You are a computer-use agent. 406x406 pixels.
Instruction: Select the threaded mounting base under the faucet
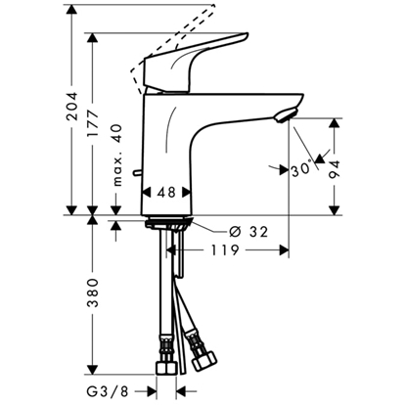click(171, 224)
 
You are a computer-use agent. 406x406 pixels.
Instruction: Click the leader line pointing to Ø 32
click(210, 227)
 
